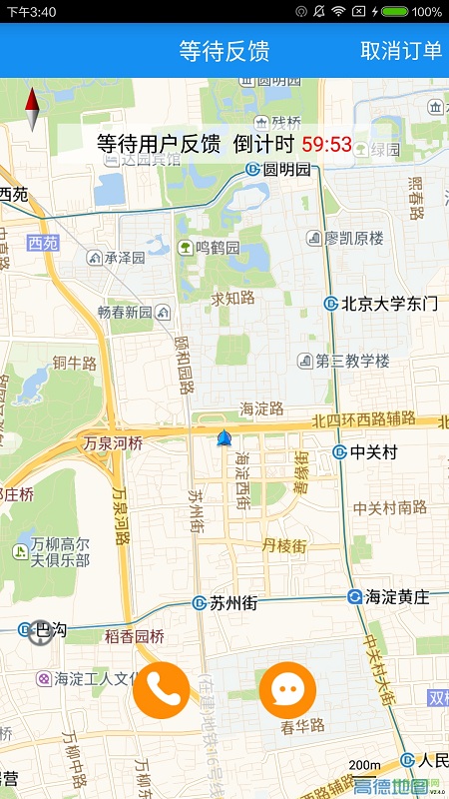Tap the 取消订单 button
401,51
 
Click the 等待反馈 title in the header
224,51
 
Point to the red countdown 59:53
327,144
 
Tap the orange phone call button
162,689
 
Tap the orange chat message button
287,689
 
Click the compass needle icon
32,110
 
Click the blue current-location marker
224,438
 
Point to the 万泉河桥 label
113,442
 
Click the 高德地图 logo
397,787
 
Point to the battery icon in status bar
394,11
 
